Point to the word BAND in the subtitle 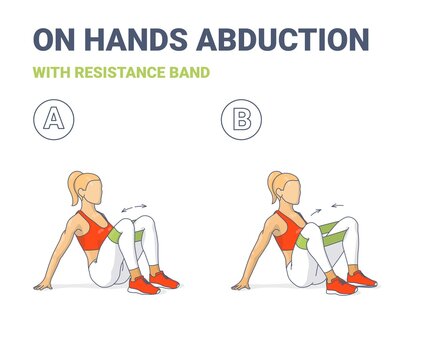[189, 73]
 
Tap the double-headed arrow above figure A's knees [133, 207]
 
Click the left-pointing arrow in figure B [337, 208]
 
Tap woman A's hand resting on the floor [43, 284]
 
